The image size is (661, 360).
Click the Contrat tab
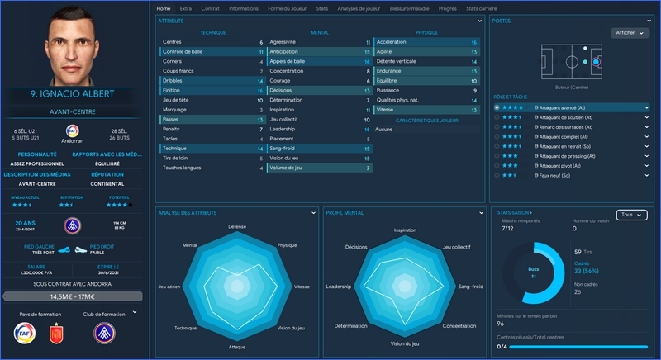210,8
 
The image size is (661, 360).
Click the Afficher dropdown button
630,33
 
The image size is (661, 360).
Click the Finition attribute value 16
259,90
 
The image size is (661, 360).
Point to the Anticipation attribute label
284,51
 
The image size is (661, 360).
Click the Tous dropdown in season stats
630,215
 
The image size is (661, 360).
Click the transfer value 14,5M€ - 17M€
71,296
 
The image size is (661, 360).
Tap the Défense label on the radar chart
237,226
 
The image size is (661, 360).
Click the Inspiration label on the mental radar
405,230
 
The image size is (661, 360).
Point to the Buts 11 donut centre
532,272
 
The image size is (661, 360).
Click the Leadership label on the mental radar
339,287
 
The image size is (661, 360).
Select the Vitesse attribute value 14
473,109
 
